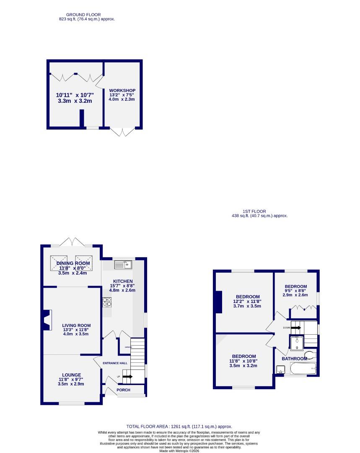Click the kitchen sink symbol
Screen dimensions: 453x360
(123, 264)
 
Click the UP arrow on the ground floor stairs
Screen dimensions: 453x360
(127, 377)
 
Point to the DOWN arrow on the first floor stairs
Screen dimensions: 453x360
(295, 328)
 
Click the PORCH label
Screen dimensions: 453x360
(123, 390)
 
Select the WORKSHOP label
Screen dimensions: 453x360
(122, 91)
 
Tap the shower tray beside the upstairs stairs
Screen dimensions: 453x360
(297, 343)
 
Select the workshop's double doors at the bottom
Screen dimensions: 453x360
(122, 132)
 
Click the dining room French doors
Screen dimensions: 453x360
(72, 242)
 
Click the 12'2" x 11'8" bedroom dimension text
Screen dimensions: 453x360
(248, 301)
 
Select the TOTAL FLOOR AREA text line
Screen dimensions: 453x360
(179, 426)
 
